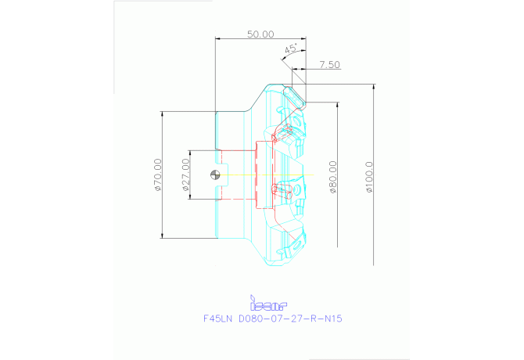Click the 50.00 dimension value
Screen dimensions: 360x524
coord(260,34)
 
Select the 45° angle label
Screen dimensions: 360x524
coord(289,49)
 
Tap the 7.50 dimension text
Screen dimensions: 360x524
coord(328,65)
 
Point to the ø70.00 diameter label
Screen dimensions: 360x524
coord(158,175)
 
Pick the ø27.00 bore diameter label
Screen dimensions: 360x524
coord(185,175)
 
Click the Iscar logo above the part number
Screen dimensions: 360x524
coord(267,302)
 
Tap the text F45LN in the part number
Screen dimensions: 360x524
coord(218,319)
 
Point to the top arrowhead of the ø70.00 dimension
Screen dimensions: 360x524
coord(162,114)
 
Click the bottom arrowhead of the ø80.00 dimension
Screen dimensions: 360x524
coord(337,244)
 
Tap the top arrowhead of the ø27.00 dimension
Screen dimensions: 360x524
coord(189,152)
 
